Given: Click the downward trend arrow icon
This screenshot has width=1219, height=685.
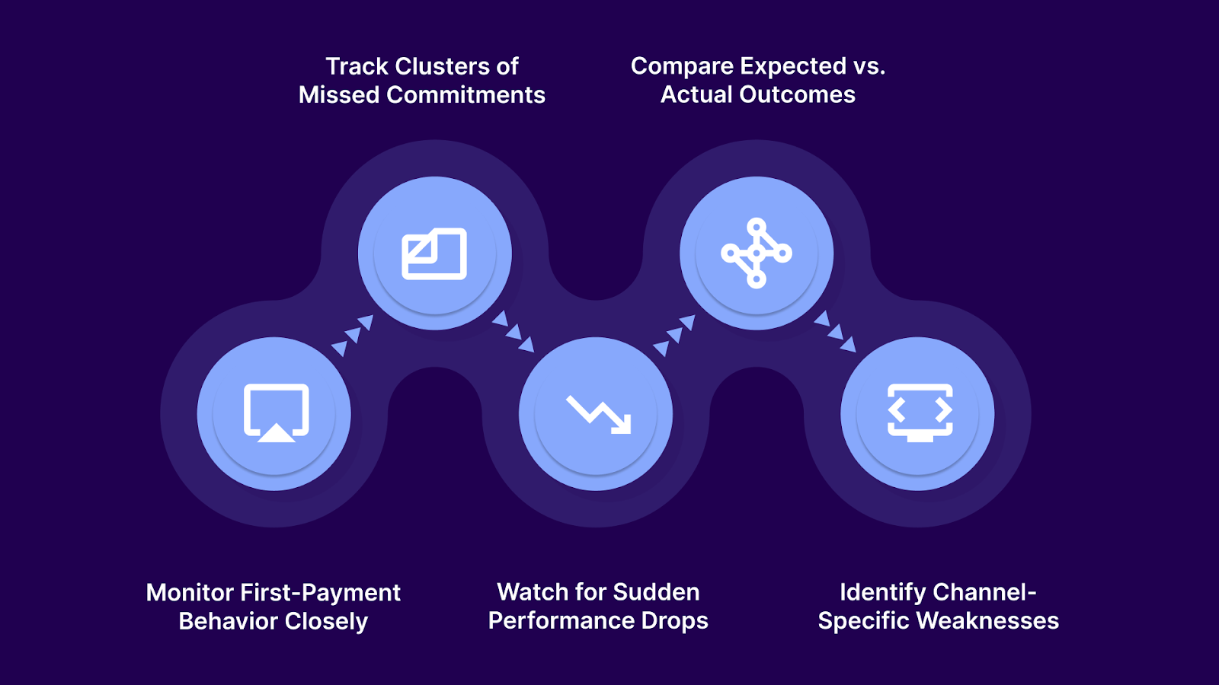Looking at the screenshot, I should click(x=599, y=415).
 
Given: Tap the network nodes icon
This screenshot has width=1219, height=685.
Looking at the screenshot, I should click(x=757, y=253).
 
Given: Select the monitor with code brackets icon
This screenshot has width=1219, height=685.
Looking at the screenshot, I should click(x=920, y=413).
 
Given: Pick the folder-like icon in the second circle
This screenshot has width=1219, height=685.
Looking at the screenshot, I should click(x=434, y=254).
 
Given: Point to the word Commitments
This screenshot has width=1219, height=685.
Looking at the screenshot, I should click(x=466, y=95).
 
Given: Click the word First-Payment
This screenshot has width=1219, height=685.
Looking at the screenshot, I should click(x=320, y=592).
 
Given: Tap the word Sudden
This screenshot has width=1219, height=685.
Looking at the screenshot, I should click(x=656, y=592).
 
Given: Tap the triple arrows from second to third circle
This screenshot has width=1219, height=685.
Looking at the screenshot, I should click(x=514, y=332).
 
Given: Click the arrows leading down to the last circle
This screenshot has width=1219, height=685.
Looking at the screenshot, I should click(x=835, y=332).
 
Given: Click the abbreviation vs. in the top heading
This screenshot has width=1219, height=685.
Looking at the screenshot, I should click(x=869, y=66).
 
